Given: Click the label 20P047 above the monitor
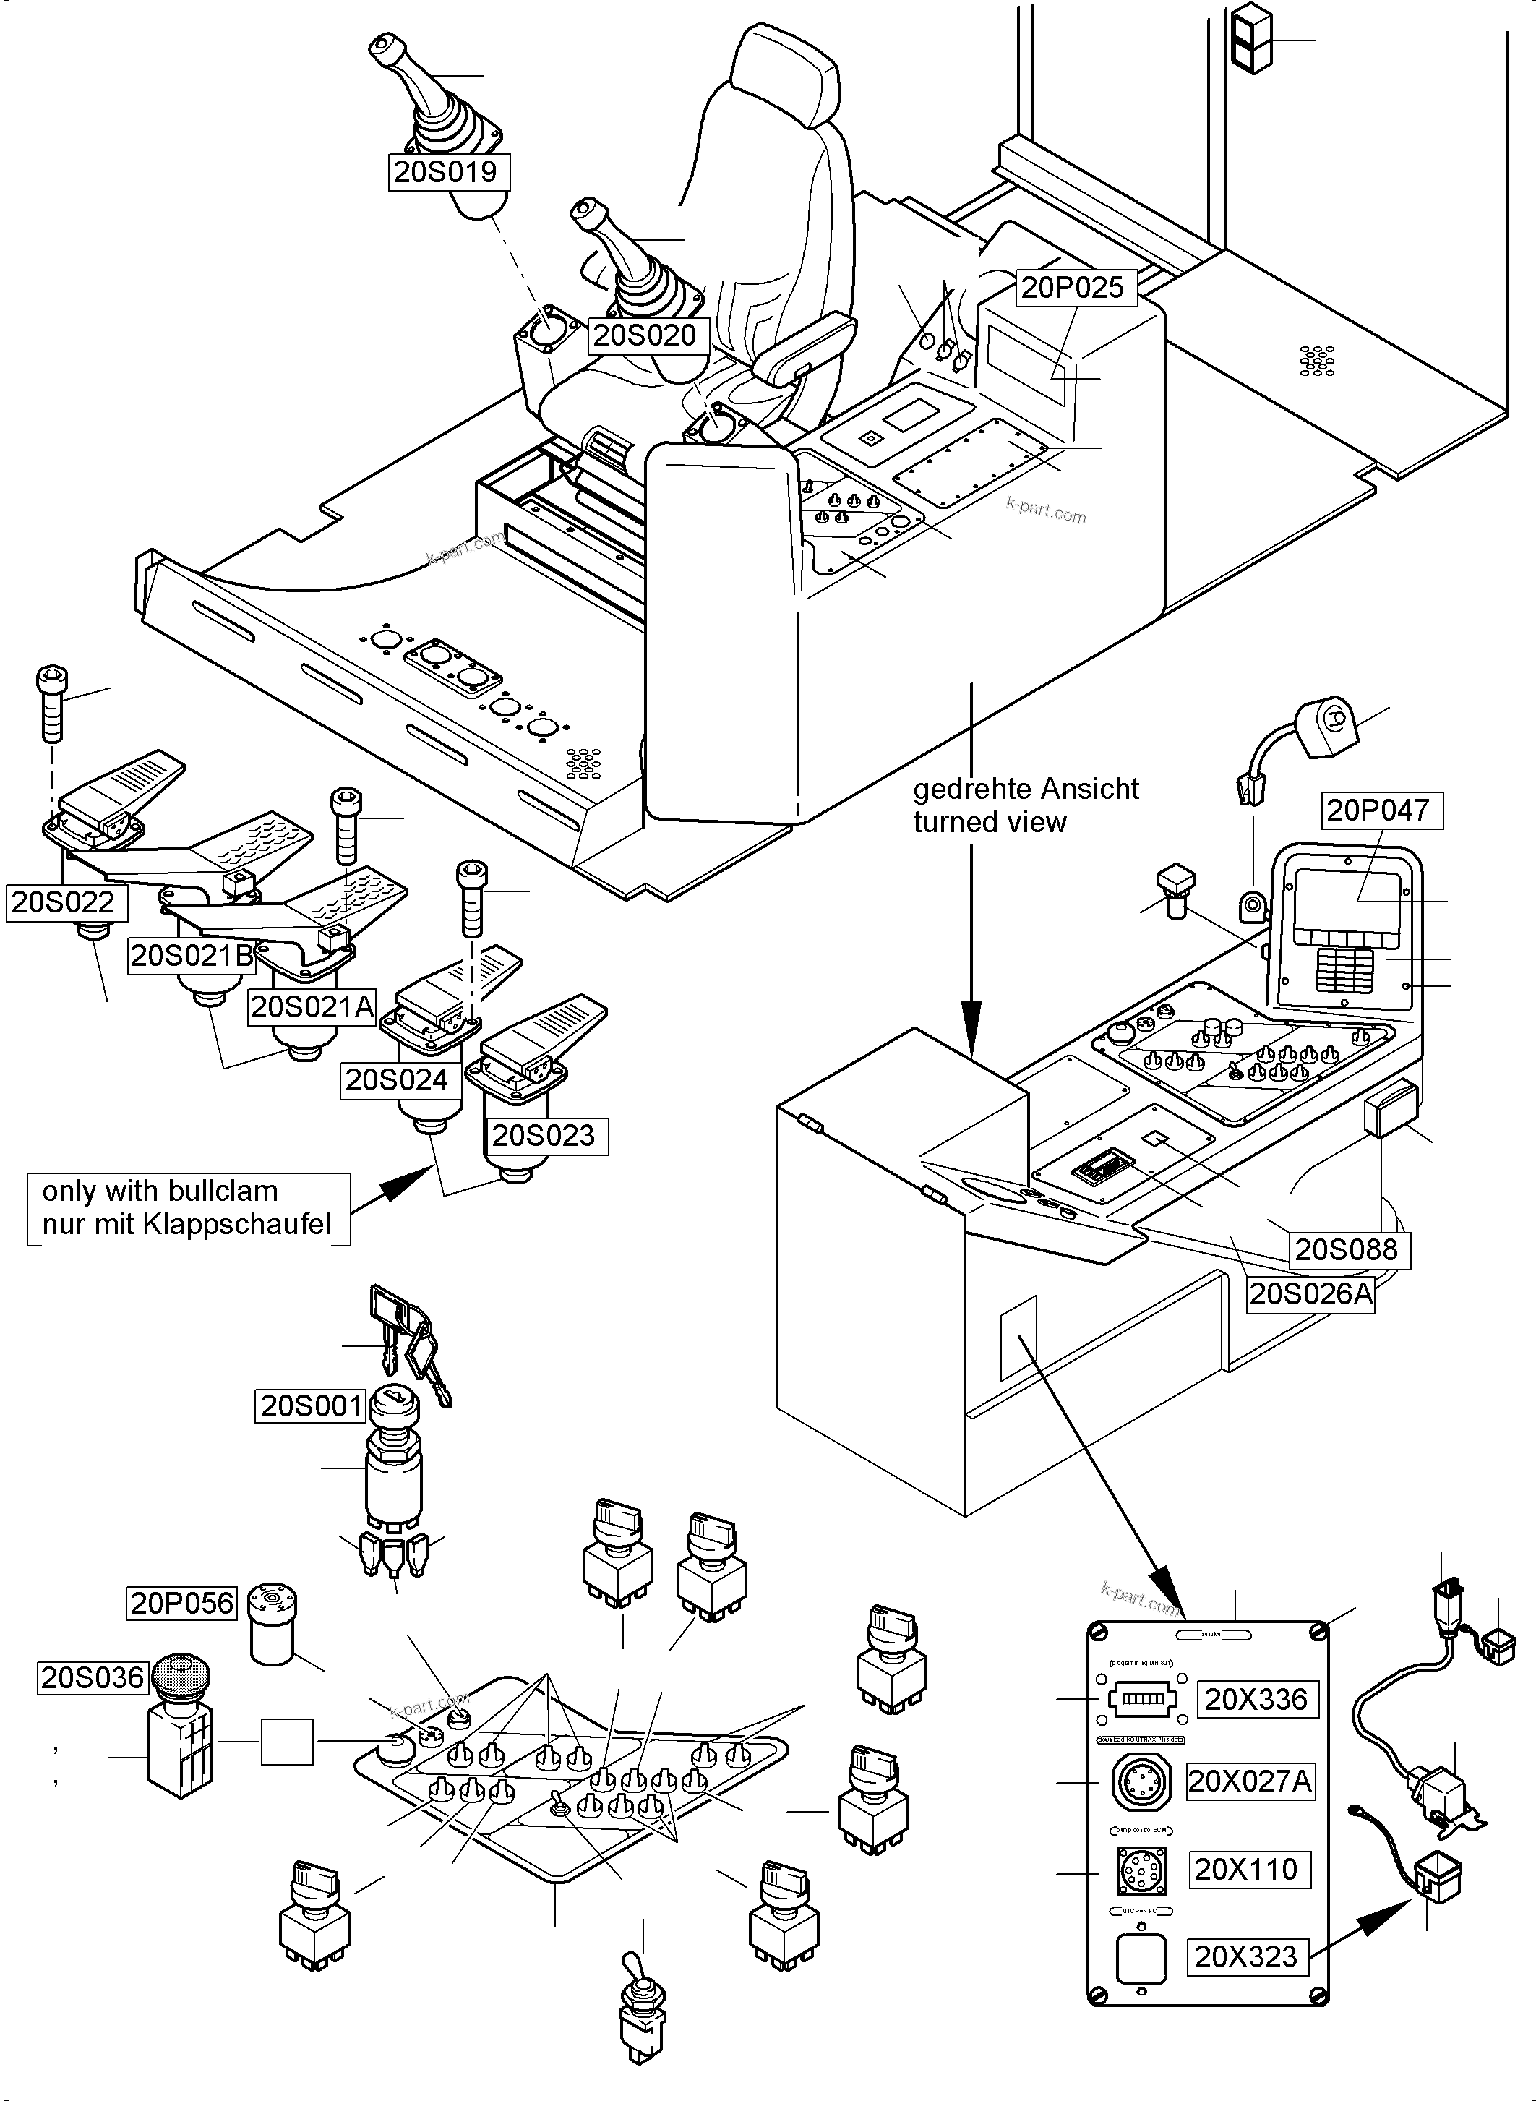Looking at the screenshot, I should tap(1381, 810).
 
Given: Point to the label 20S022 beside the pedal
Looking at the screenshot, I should tap(63, 902).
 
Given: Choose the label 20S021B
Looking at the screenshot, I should tap(192, 955).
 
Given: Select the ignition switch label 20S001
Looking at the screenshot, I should tap(312, 1406).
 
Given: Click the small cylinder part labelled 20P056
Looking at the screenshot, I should tap(273, 1625).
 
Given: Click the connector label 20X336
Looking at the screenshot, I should tap(1256, 1699).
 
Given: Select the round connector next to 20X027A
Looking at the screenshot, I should tap(1141, 1782).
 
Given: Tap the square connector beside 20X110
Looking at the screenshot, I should tap(1141, 1870).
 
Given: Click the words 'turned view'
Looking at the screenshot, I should tap(990, 822).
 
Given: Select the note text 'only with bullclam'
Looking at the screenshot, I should tap(160, 1191).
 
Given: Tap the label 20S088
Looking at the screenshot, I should tap(1347, 1249).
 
